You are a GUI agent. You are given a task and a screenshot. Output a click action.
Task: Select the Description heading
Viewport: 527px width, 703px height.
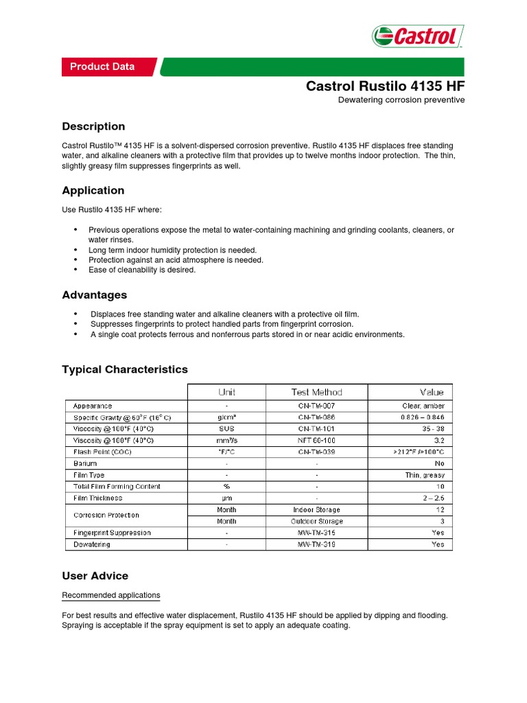click(93, 126)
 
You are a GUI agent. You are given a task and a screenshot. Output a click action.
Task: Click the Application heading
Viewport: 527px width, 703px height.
click(93, 190)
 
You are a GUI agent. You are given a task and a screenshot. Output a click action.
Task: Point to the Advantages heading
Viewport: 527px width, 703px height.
click(95, 295)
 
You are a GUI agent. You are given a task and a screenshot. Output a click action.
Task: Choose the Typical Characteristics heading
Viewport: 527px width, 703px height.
click(125, 369)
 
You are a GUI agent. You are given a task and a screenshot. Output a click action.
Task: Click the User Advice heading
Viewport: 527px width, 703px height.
click(95, 575)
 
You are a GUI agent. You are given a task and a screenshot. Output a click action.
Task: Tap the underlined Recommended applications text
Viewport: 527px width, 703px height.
click(111, 595)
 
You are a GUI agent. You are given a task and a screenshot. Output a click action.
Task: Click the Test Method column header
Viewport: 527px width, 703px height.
click(316, 392)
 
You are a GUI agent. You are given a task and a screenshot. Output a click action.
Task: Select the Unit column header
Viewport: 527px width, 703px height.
click(227, 392)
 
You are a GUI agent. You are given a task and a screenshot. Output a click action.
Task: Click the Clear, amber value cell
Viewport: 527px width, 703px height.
click(425, 406)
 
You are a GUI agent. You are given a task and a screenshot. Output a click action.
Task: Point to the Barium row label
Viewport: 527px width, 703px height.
click(85, 463)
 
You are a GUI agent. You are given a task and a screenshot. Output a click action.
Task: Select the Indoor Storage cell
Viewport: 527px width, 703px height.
click(316, 510)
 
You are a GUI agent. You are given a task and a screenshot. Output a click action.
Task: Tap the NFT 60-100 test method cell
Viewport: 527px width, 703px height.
click(316, 440)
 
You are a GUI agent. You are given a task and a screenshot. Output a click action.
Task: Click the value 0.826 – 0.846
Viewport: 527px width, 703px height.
click(423, 417)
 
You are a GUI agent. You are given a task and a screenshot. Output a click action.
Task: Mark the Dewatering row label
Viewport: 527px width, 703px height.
click(91, 544)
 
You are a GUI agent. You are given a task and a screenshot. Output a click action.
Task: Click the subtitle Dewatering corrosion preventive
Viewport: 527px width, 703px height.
click(401, 100)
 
